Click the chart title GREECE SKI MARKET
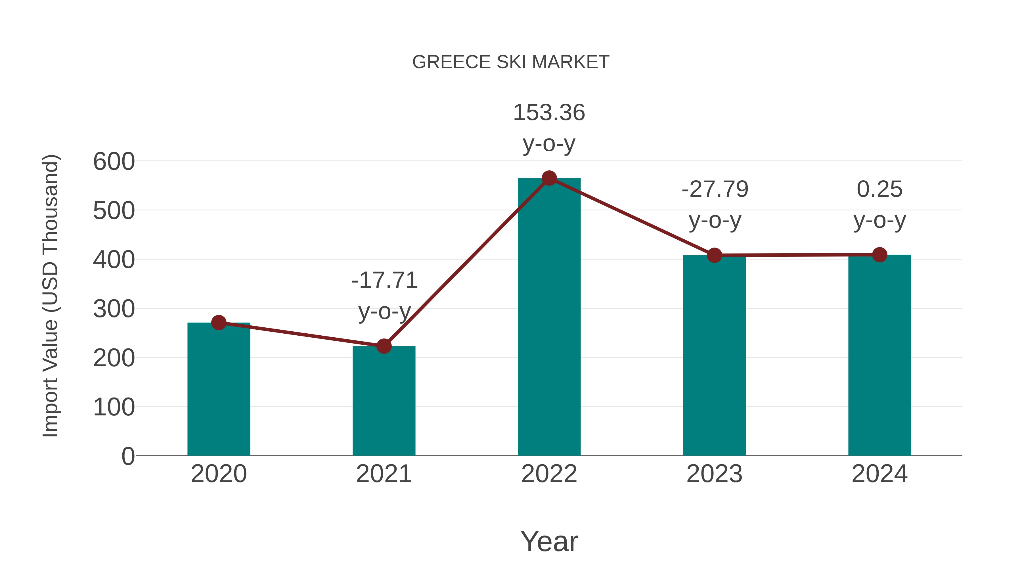(x=511, y=62)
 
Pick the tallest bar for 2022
(x=549, y=317)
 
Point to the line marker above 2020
(x=219, y=323)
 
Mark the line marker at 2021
(x=384, y=346)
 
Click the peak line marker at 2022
(x=549, y=178)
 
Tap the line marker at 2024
(x=879, y=255)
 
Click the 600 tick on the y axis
(x=114, y=162)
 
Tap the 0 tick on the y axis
(x=128, y=456)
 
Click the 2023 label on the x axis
(x=714, y=474)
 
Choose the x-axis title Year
(x=549, y=541)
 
